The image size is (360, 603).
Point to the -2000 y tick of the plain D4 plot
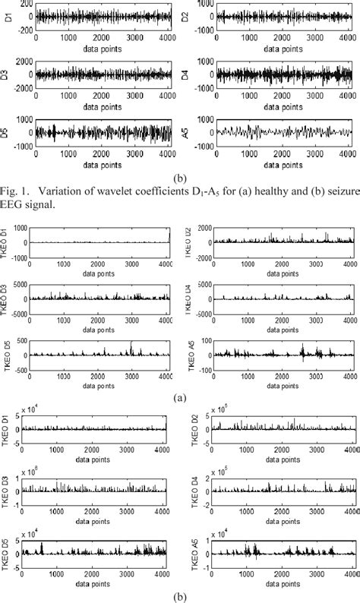click(202, 86)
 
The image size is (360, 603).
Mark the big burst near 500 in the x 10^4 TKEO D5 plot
click(42, 547)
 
